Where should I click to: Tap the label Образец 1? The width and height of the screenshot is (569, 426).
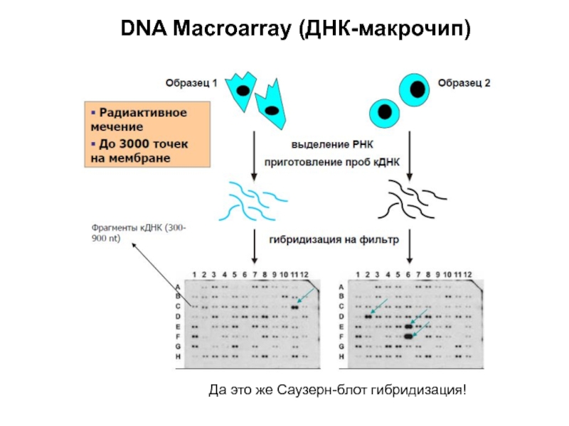(192, 82)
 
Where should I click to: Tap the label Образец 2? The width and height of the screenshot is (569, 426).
(464, 83)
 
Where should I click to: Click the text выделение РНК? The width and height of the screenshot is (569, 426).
(333, 143)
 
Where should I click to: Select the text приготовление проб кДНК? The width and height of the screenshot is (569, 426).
(332, 161)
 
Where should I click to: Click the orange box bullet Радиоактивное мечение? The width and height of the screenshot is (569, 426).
(139, 120)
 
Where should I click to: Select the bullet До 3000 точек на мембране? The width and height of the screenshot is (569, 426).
(139, 151)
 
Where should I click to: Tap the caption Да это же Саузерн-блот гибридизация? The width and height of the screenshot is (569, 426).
(338, 391)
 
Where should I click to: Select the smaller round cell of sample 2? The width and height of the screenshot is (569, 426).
(383, 111)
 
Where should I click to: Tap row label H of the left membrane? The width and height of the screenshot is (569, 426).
(179, 356)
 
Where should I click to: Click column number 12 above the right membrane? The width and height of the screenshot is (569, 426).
(467, 274)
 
